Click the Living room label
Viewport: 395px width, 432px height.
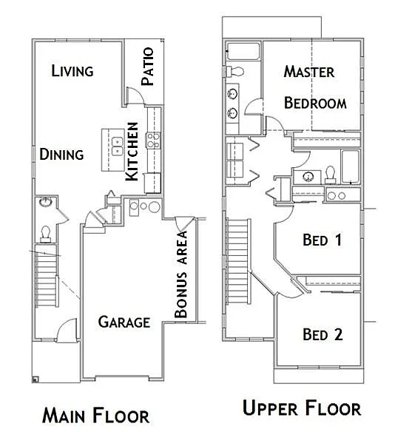72,71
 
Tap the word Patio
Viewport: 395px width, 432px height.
147,66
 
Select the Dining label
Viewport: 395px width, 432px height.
61,155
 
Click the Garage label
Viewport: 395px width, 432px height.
124,322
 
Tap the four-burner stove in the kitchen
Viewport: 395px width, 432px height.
154,140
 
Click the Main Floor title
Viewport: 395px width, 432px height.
95,415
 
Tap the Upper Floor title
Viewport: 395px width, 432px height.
301,408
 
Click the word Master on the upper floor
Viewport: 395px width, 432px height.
309,72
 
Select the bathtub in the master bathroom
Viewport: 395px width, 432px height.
243,52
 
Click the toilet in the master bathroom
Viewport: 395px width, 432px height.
236,71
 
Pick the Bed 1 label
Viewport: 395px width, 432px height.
323,240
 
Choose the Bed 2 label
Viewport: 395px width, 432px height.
323,334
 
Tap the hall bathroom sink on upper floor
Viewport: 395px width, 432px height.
305,176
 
